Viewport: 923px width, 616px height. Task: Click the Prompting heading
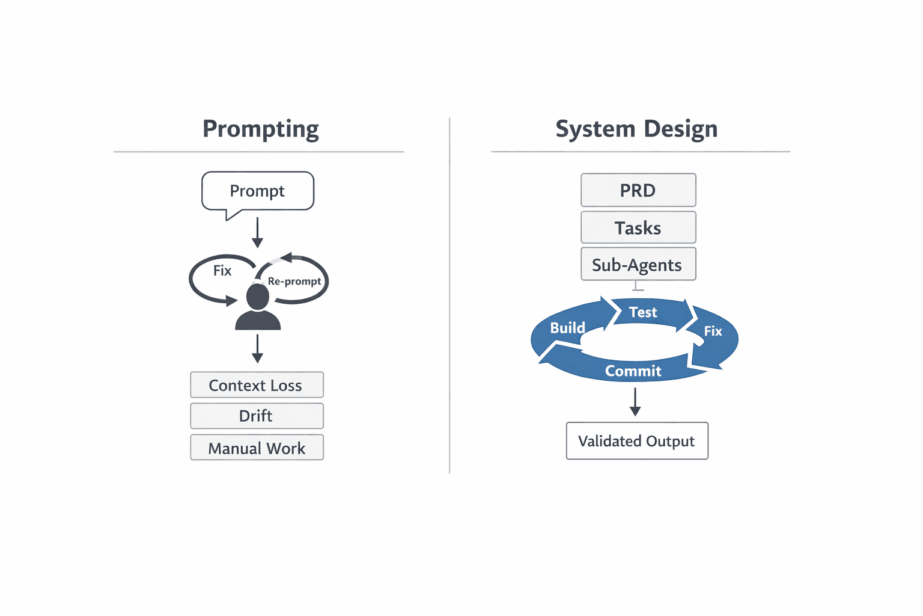[260, 129]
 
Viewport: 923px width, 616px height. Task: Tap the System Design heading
[636, 129]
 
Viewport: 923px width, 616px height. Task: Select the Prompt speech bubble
[258, 191]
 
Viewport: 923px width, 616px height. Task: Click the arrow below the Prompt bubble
[257, 233]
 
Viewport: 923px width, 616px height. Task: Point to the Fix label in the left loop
[222, 271]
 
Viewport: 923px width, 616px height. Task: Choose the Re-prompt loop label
[294, 281]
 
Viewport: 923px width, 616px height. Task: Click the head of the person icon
[258, 297]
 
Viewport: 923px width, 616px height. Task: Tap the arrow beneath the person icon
[257, 349]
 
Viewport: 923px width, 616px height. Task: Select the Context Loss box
[257, 385]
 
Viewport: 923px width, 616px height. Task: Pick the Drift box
[257, 416]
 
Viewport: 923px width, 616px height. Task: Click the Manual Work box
[257, 448]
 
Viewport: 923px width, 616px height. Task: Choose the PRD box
[638, 191]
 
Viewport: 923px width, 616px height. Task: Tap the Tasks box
[638, 228]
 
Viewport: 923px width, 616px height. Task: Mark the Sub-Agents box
[638, 265]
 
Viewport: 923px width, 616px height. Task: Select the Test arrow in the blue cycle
[644, 312]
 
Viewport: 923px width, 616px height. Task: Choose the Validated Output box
[637, 441]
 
